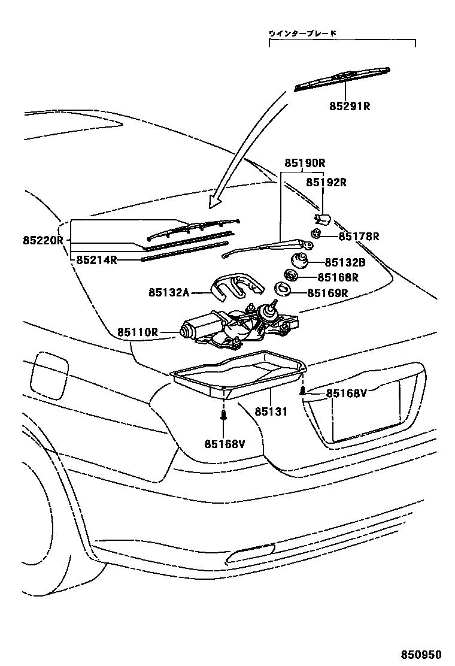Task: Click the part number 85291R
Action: (x=350, y=107)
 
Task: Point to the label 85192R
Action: (x=326, y=182)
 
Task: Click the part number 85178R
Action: (x=359, y=237)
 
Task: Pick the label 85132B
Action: (x=345, y=262)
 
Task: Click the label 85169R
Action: (x=328, y=293)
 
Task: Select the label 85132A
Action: (x=169, y=292)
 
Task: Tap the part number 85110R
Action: (x=137, y=332)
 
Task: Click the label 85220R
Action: (x=43, y=240)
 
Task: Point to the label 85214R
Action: (x=96, y=260)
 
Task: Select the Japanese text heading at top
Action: (x=302, y=34)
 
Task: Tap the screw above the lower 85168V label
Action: (x=223, y=414)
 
